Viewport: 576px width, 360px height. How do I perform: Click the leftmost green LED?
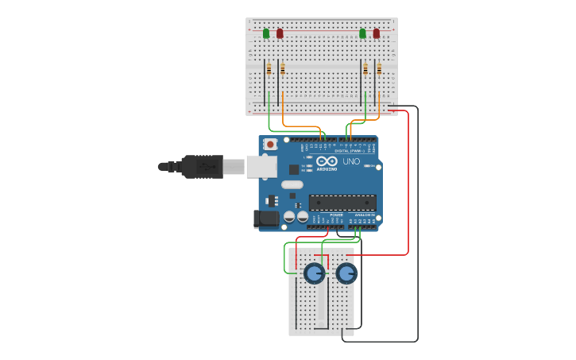(266, 33)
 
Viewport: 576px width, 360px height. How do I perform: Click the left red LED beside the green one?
(280, 33)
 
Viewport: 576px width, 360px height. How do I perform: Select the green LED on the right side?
(362, 33)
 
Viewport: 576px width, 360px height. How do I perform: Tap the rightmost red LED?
(377, 33)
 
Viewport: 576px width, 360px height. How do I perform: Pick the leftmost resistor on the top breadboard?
(269, 69)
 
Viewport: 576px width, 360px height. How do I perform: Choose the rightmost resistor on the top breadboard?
(379, 69)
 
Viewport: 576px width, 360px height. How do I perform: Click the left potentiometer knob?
(314, 273)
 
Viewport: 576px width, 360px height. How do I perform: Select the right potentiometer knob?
(346, 273)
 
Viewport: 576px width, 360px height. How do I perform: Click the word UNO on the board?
(351, 161)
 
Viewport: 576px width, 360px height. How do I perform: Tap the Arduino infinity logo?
(327, 161)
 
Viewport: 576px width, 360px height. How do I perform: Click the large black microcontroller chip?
(342, 203)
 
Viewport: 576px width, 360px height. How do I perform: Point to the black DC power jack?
(265, 219)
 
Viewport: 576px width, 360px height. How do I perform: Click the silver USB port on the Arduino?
(261, 166)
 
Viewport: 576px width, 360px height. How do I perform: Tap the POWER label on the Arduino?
(336, 215)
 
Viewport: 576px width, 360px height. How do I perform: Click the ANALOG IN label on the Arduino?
(365, 215)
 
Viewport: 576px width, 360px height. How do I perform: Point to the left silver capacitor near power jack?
(289, 216)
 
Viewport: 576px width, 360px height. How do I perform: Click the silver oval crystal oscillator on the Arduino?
(292, 185)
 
